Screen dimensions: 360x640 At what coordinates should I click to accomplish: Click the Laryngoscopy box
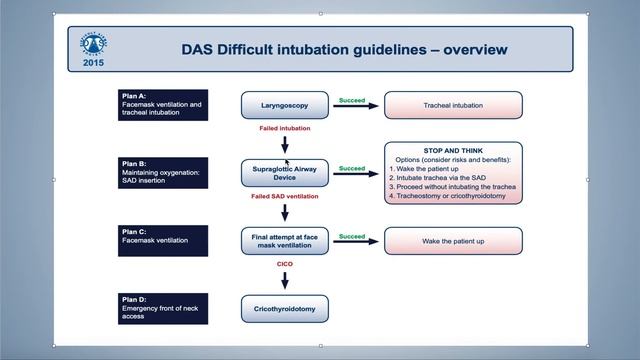click(284, 105)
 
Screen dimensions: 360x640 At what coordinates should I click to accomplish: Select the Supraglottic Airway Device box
click(284, 173)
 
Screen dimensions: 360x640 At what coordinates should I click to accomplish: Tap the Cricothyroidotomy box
click(284, 309)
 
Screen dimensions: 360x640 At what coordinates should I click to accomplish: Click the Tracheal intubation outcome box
click(453, 105)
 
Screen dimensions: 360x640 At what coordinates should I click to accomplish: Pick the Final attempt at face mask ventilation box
click(284, 241)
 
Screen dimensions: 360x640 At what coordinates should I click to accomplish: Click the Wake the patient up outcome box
click(453, 241)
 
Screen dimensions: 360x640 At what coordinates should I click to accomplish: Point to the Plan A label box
click(162, 105)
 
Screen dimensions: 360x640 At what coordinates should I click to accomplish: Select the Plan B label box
click(162, 173)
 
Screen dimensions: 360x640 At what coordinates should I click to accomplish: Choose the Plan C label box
click(162, 240)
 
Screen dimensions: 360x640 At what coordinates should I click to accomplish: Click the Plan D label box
click(162, 308)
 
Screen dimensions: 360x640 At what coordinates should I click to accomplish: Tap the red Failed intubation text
click(285, 129)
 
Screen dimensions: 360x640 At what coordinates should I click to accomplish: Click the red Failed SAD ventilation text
click(285, 197)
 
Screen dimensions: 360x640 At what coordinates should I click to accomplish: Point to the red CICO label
click(284, 265)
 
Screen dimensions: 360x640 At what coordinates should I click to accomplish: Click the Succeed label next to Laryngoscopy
click(352, 100)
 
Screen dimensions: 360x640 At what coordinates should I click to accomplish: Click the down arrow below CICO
click(285, 281)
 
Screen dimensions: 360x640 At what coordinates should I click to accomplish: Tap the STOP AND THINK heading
click(453, 149)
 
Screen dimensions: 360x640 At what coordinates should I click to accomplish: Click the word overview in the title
click(469, 49)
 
